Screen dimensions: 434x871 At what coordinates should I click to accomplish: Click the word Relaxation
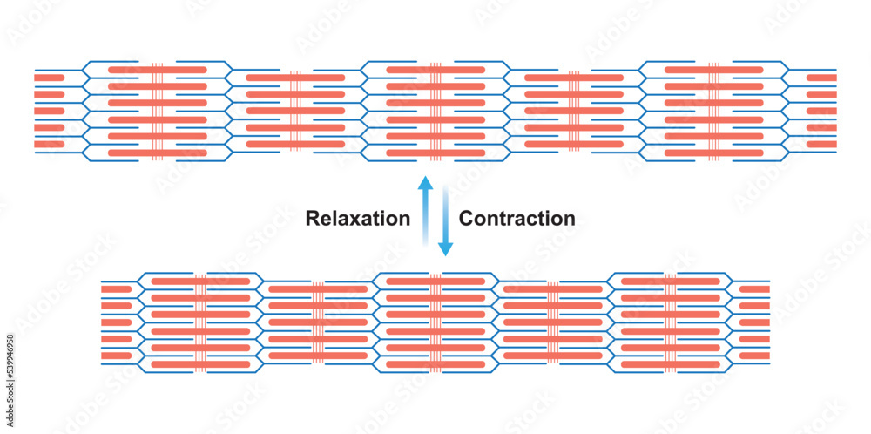point(357,219)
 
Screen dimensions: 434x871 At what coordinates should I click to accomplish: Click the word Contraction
point(517,219)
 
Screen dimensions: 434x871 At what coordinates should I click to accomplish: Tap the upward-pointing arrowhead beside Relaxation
point(424,184)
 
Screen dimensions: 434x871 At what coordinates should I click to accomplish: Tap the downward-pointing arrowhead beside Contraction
point(445,249)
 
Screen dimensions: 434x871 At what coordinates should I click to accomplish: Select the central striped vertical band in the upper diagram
point(435,111)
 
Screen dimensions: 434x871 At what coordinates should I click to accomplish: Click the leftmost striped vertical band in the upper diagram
point(157,111)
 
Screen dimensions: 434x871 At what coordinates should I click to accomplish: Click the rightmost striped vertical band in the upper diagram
point(714,111)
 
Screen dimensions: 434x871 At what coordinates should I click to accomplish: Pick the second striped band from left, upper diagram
point(295,111)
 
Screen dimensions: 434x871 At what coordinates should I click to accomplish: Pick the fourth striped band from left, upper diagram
point(575,111)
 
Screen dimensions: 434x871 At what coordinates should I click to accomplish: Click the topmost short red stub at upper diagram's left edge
point(50,78)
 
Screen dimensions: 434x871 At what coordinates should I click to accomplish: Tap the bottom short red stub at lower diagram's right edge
point(754,356)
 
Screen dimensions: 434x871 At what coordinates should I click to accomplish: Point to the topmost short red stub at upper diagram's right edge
point(821,78)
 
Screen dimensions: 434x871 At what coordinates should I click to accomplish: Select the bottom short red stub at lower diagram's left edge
point(116,356)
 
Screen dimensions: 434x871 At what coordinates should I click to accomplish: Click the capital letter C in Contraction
point(466,219)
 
